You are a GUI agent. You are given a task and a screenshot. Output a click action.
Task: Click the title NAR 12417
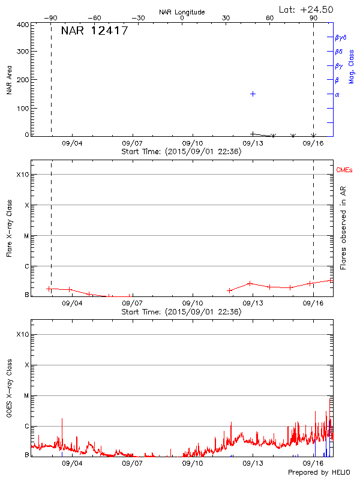coord(95,31)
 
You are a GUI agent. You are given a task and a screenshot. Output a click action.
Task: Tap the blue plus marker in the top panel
coord(253,94)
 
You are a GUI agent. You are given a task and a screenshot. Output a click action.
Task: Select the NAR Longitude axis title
coord(182,12)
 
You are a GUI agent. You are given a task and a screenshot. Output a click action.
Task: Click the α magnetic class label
coord(337,94)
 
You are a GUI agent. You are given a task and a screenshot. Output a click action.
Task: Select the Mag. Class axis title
coord(352,67)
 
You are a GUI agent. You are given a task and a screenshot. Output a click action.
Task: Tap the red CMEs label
coord(344,170)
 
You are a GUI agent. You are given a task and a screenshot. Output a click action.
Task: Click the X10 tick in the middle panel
coord(22,175)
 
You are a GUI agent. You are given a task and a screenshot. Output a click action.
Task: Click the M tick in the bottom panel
coord(26,396)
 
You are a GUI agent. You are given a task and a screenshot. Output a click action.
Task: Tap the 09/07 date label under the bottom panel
coord(132,464)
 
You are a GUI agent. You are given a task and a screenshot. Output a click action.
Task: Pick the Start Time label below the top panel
coord(181,152)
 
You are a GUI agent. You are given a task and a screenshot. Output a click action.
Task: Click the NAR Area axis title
coord(9,80)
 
